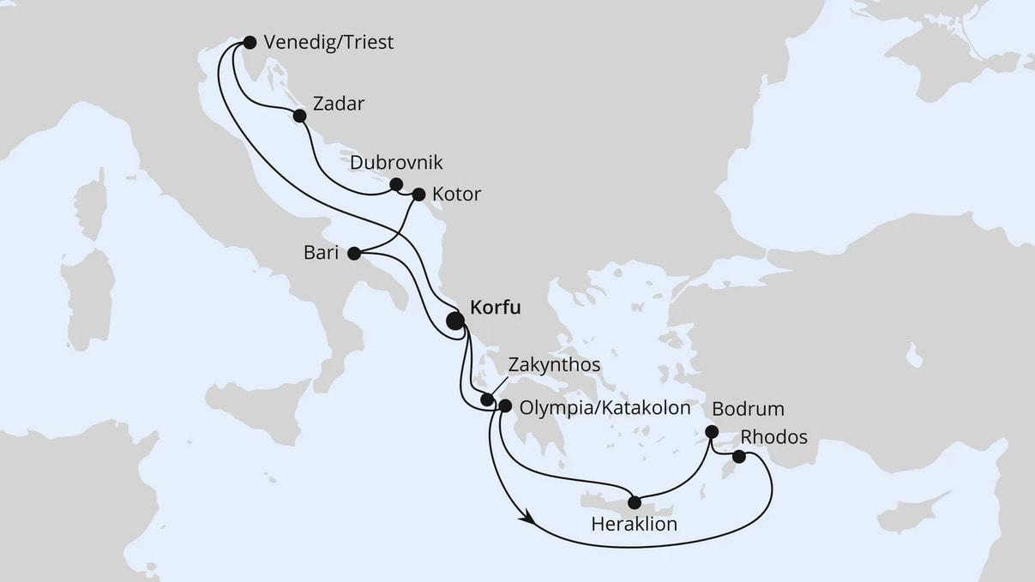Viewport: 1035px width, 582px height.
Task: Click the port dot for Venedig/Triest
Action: point(250,42)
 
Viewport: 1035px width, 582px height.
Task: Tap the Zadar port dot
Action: point(299,116)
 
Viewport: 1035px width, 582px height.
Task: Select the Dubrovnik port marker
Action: point(396,184)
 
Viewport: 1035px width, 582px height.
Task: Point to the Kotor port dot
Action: point(418,195)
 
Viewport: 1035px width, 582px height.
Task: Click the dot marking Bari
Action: point(353,253)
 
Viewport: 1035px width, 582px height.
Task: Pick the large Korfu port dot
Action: point(455,321)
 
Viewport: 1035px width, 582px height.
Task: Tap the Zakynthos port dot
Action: point(487,399)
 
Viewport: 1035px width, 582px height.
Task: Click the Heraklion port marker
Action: point(635,502)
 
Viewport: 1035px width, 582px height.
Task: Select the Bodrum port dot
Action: point(711,432)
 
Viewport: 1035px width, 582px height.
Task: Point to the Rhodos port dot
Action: point(738,457)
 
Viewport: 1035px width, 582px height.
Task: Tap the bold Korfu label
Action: point(496,307)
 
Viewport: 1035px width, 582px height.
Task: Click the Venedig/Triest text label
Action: point(329,43)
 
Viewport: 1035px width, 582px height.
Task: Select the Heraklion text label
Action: point(635,523)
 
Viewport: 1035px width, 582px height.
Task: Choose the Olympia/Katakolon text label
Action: point(605,408)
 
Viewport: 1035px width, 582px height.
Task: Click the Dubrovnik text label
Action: point(397,163)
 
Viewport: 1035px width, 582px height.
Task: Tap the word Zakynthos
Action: point(554,365)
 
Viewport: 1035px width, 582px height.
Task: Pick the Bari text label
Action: point(321,253)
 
